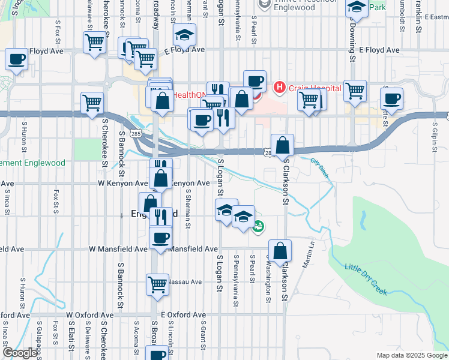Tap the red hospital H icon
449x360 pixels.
coord(279,88)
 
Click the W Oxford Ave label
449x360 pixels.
coord(90,314)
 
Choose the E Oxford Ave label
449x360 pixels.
coord(183,314)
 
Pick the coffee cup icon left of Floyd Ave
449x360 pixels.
coord(16,59)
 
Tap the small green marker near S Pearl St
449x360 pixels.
coord(259,227)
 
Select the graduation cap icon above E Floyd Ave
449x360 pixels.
coord(184,35)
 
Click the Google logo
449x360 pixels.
coord(20,353)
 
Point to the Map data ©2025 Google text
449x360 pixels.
coord(412,355)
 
